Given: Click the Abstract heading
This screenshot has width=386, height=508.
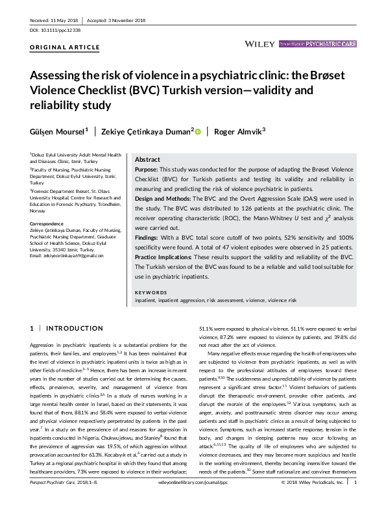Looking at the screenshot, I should point(147,160).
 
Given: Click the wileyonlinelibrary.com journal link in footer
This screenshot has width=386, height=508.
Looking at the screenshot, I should point(193,501).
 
